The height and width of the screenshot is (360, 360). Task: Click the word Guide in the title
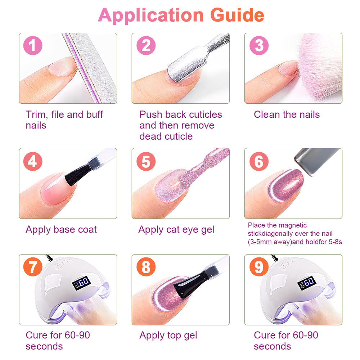point(237,15)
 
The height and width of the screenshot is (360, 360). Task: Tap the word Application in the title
point(151,15)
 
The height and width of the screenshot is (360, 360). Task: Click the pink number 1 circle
point(33,45)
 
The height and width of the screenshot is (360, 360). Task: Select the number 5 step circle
point(146,161)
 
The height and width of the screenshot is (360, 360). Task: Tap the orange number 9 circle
point(259,267)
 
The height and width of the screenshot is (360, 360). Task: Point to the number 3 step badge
point(259,45)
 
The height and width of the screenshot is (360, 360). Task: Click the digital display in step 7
point(81,283)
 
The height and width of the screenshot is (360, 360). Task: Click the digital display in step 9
point(307,283)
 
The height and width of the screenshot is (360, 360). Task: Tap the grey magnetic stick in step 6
point(317,161)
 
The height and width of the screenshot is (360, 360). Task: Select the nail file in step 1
point(90,68)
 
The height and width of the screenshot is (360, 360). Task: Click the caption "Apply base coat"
point(61,230)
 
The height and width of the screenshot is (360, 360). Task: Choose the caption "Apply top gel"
point(168,336)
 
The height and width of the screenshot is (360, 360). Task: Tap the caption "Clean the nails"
point(287,114)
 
